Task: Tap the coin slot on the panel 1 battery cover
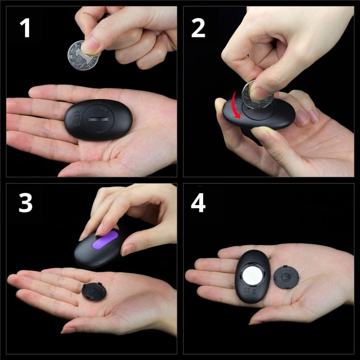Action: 98,119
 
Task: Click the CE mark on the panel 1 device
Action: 76,116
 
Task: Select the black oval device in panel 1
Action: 98,120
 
